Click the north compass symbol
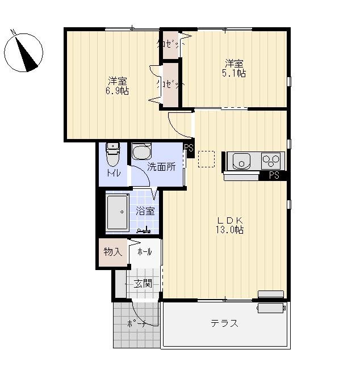23,52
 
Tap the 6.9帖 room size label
117,91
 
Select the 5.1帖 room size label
234,73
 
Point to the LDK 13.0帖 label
229,225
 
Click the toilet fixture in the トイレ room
113,155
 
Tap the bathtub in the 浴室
117,212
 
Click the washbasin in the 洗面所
141,151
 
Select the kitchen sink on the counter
241,161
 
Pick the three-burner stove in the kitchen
271,161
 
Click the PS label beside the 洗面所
189,148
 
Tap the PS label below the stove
274,175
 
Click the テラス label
224,323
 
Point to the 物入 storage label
113,252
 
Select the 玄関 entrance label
143,284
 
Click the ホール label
145,252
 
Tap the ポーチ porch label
136,323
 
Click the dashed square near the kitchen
206,159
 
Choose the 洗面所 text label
161,167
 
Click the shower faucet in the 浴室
144,230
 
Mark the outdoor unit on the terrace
271,308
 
